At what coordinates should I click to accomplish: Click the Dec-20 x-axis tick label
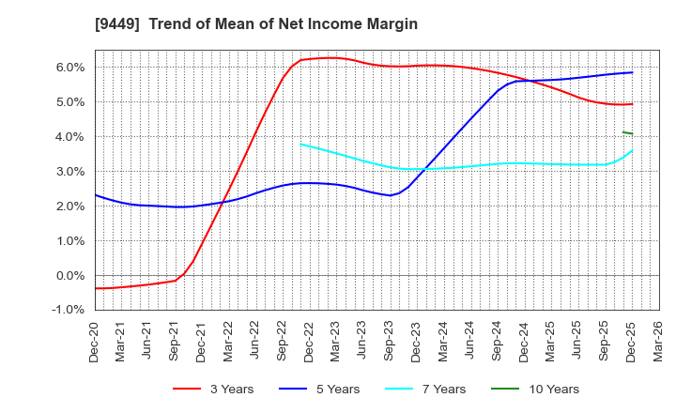click(95, 339)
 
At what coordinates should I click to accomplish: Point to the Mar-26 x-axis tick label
click(659, 339)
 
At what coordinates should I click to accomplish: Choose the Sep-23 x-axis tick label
click(390, 339)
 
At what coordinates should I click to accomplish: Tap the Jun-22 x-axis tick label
click(255, 339)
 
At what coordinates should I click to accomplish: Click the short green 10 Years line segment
click(627, 132)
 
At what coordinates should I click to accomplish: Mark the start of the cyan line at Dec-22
click(300, 144)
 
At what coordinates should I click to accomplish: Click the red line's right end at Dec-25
click(632, 103)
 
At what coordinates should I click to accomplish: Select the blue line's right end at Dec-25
click(632, 72)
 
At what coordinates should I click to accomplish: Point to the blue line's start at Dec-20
click(96, 195)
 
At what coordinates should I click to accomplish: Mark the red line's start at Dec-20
click(96, 288)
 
